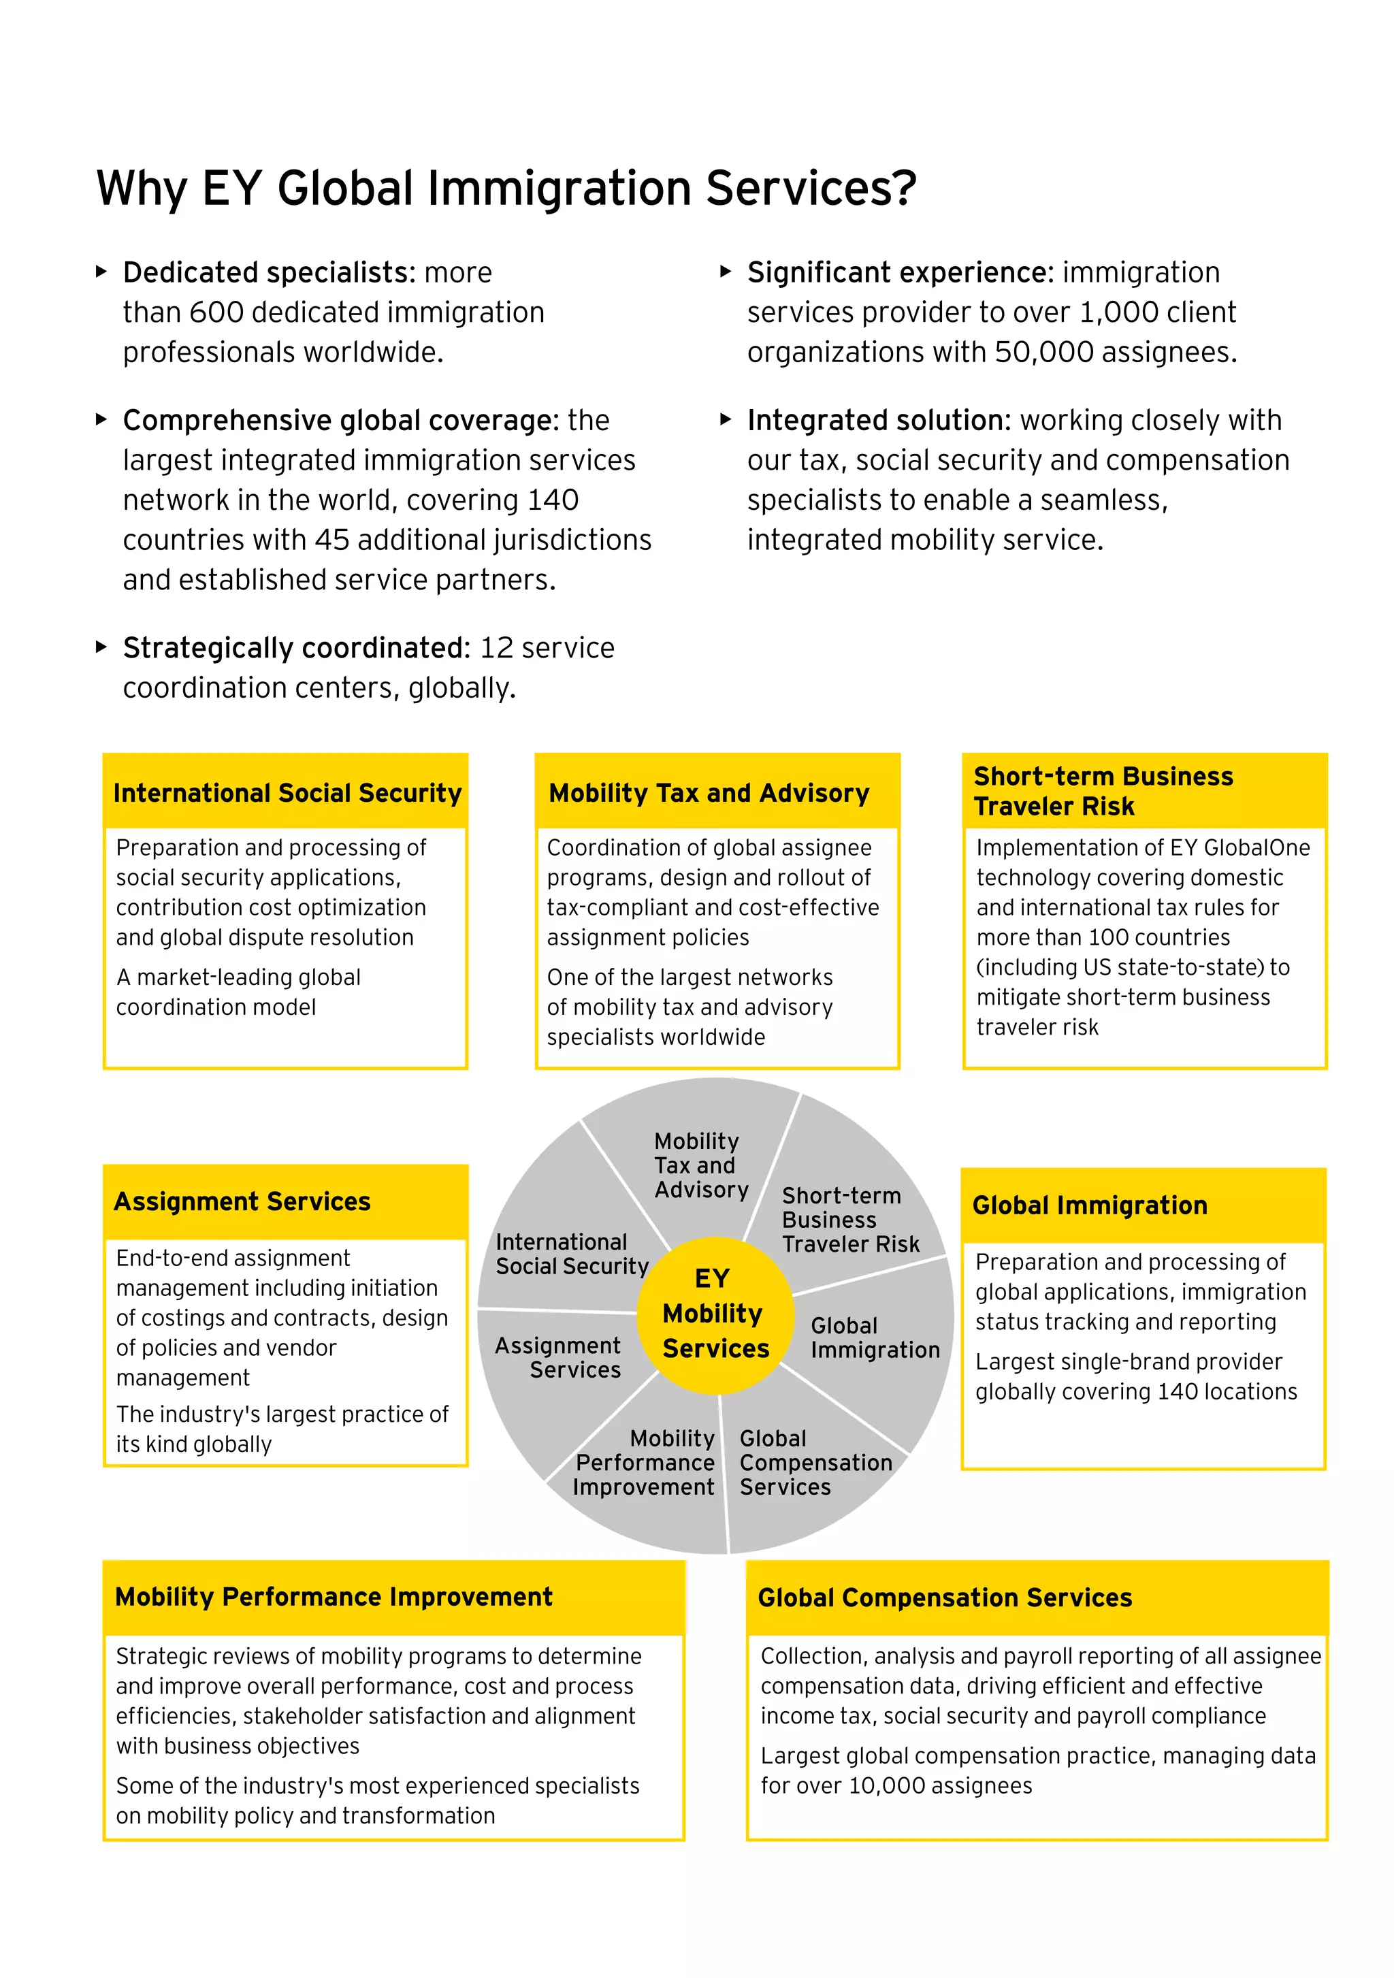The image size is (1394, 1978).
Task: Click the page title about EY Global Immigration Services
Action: [x=506, y=188]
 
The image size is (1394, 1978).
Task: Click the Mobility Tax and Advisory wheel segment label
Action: [x=700, y=1165]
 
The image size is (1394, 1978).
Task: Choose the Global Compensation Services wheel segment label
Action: [x=815, y=1463]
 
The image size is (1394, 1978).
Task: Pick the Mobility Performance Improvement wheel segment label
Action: [x=645, y=1463]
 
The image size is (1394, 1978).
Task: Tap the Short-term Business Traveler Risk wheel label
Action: [x=849, y=1220]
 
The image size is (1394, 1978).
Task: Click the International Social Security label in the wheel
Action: [x=571, y=1254]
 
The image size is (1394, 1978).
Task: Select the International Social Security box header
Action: [x=287, y=792]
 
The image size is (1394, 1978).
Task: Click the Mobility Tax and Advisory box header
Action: [x=709, y=792]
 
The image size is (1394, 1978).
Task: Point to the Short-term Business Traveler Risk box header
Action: [x=1103, y=791]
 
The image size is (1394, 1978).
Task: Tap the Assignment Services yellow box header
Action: [x=242, y=1202]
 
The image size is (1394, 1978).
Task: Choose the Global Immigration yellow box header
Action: [x=1090, y=1205]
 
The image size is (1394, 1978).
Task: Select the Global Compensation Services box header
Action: [x=944, y=1598]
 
